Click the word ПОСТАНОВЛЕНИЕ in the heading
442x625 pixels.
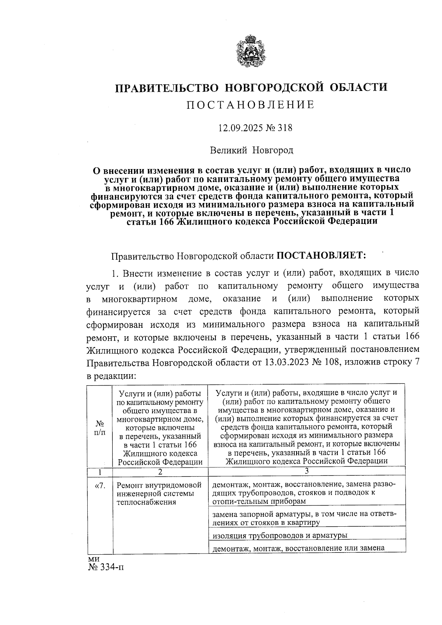[x=251, y=105]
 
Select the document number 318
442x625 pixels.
[x=285, y=128]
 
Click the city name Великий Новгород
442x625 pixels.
[x=252, y=150]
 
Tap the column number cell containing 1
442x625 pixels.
[x=99, y=472]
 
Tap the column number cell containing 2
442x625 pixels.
[x=160, y=472]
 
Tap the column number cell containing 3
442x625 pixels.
[x=306, y=471]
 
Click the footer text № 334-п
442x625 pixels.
[x=106, y=568]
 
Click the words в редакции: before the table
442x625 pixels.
[x=112, y=376]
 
